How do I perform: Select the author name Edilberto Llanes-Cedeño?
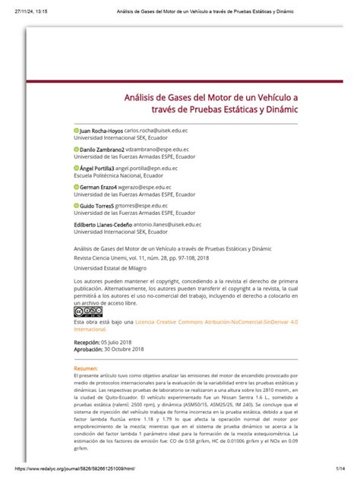[109, 223]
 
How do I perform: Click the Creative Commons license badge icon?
[87, 311]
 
